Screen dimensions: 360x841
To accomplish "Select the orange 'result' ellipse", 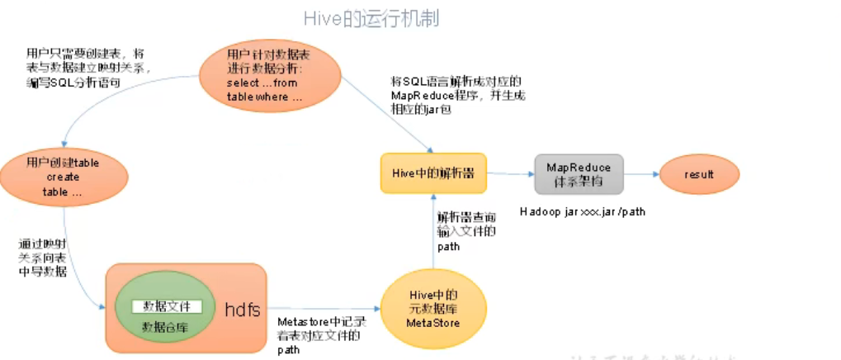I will coord(698,175).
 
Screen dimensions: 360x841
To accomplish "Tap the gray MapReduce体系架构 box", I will coord(579,173).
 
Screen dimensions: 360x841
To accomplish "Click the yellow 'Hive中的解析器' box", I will coord(432,173).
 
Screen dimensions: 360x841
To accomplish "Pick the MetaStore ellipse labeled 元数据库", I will coord(432,308).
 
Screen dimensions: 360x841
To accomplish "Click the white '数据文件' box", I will coord(168,306).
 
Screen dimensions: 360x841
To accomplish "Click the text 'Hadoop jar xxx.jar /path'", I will coord(583,211).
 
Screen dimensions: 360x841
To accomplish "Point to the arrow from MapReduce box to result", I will coord(640,174).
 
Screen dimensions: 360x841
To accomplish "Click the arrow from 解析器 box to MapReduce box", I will coord(510,173).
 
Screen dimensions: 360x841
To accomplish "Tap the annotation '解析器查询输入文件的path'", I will coord(466,231).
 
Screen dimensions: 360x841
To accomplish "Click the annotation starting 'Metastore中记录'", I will coord(321,334).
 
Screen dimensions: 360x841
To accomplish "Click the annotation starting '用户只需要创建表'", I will coord(88,68).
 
